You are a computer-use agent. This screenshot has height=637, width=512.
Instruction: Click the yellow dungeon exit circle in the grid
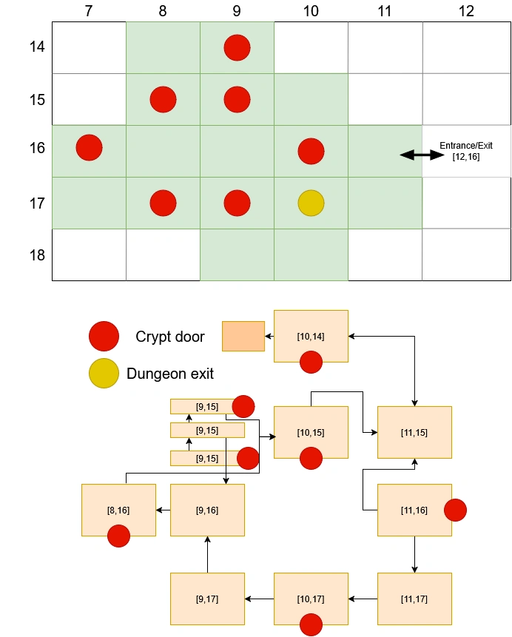coord(311,203)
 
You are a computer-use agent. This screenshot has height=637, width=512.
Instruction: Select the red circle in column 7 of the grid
coord(89,147)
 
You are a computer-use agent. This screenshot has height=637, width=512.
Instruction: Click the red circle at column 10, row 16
coord(311,151)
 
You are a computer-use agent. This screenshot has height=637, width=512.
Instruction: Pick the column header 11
coord(385,11)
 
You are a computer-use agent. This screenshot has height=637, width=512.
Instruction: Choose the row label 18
coord(36,255)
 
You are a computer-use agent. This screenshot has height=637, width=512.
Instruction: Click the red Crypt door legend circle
coord(103,336)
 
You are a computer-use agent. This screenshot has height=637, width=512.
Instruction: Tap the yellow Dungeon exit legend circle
coord(103,374)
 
